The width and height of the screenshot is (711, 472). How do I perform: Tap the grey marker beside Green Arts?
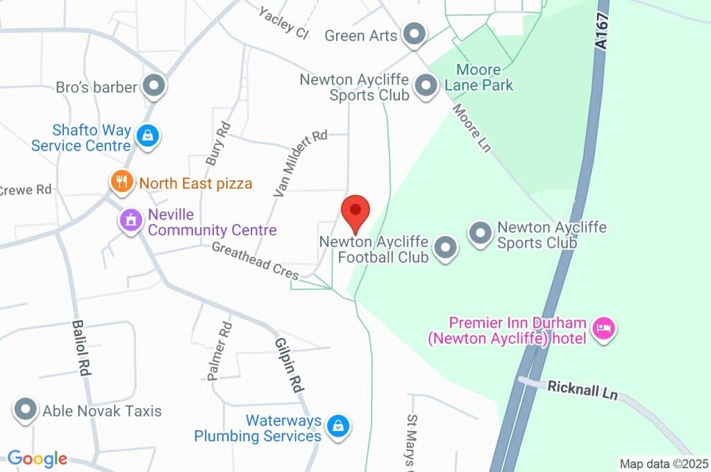click(415, 35)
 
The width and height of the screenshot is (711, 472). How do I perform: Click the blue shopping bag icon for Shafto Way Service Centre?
click(148, 136)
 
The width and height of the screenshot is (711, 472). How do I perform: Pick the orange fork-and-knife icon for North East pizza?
click(122, 183)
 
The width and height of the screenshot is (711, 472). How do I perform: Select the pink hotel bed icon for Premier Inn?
click(604, 329)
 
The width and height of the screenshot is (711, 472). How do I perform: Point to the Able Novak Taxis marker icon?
click(26, 410)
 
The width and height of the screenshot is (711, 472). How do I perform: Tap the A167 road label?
click(601, 32)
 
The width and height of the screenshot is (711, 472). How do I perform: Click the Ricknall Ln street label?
click(583, 390)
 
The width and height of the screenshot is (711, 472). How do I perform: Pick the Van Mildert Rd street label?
click(300, 164)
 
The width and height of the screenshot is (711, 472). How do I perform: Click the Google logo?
click(37, 459)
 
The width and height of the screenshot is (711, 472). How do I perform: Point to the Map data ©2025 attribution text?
click(664, 464)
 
